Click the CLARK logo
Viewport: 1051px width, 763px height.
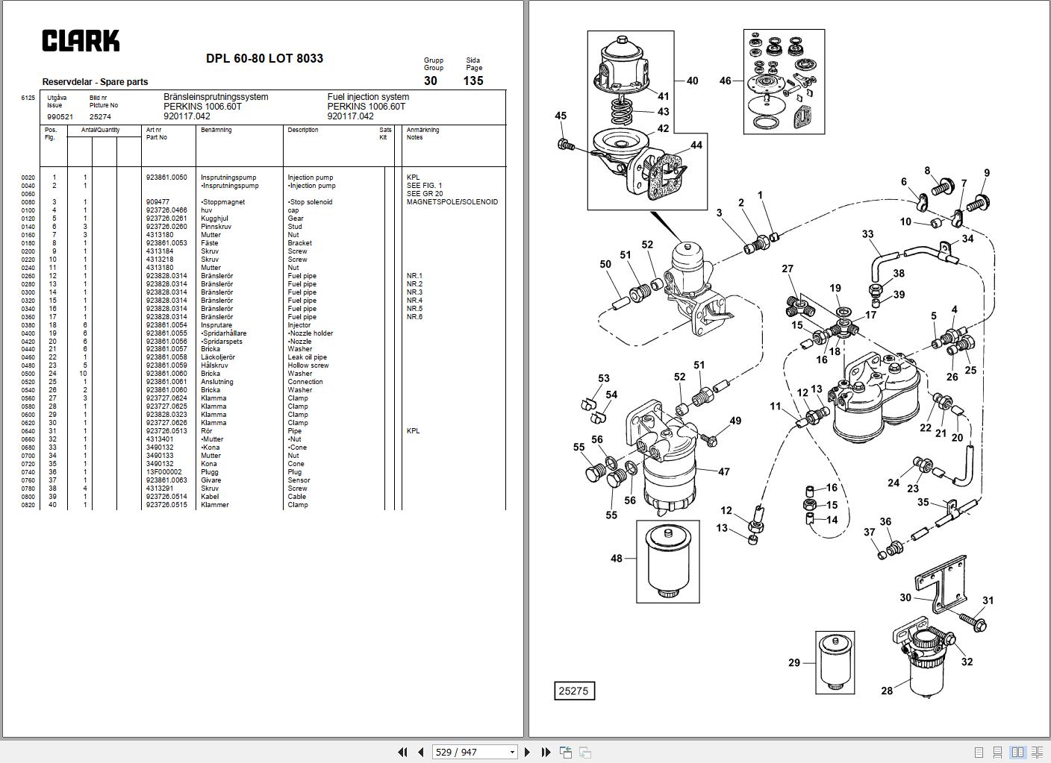pos(81,41)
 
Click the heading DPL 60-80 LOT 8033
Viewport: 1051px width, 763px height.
pos(264,59)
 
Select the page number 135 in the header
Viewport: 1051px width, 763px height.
pos(473,81)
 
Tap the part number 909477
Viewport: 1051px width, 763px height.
pos(158,202)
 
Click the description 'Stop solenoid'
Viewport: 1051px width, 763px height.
pos(311,202)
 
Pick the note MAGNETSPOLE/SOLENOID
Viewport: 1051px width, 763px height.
pos(452,202)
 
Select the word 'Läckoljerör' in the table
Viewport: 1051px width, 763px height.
pos(218,357)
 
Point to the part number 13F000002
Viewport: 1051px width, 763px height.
pos(164,472)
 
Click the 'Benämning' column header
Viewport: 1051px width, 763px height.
pos(216,131)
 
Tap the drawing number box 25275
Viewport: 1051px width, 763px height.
pos(573,691)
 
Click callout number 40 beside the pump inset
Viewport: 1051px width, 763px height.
pos(692,81)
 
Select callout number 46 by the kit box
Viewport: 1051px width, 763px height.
pos(725,81)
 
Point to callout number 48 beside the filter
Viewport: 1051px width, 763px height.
pos(617,558)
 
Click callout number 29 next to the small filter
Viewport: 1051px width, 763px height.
pos(794,662)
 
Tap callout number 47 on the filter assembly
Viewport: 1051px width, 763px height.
pos(723,471)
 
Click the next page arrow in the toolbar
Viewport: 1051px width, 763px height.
pos(528,752)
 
